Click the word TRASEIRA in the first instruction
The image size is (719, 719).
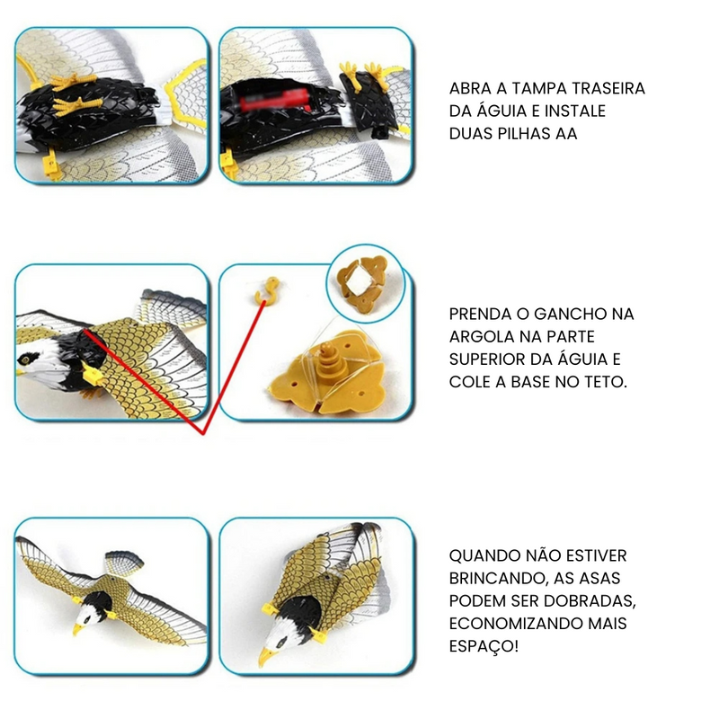[607, 89]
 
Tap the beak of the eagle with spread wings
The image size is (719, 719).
[76, 630]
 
